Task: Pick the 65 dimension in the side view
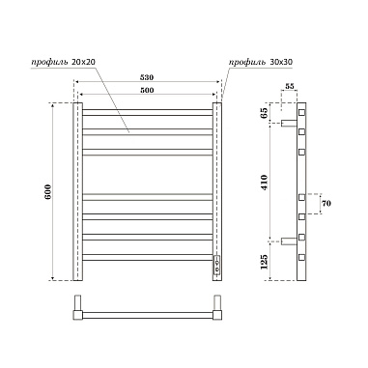pos(279,112)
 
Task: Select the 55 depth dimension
pos(289,88)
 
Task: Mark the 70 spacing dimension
pos(326,205)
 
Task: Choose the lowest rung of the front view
pos(146,262)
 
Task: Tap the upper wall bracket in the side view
pos(290,124)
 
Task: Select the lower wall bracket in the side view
pos(290,241)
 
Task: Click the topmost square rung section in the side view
pos(302,110)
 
